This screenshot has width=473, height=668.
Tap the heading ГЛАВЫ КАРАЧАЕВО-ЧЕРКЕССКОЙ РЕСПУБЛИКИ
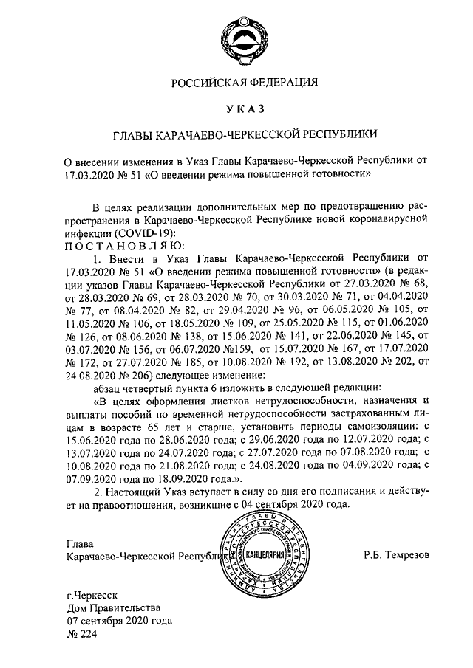click(244, 134)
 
